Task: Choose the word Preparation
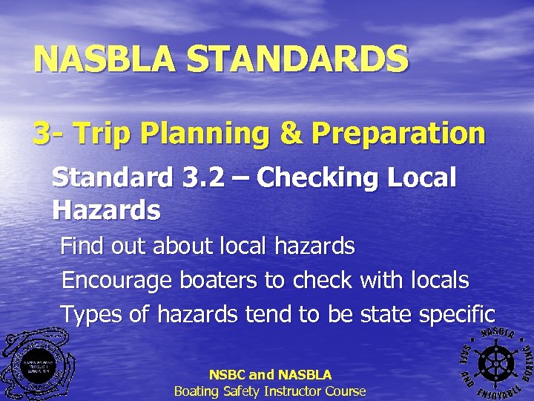click(x=398, y=134)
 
